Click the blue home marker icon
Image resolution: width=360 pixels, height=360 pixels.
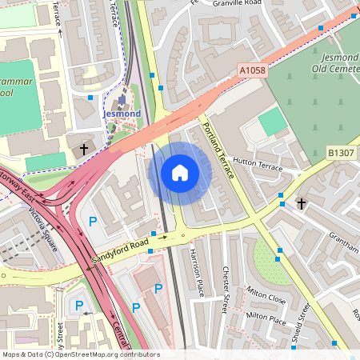179,173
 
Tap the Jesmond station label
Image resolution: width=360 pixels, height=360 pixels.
122,114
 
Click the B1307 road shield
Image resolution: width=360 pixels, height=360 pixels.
340,151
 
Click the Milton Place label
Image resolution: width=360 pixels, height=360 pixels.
266,319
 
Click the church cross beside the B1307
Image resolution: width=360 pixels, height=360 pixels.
301,204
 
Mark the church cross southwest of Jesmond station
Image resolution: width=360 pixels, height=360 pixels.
83,149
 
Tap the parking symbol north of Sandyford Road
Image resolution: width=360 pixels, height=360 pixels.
93,221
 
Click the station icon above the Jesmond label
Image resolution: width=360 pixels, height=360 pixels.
122,100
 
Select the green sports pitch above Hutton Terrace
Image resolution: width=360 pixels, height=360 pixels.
273,122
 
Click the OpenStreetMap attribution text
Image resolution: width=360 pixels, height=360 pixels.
80,354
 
